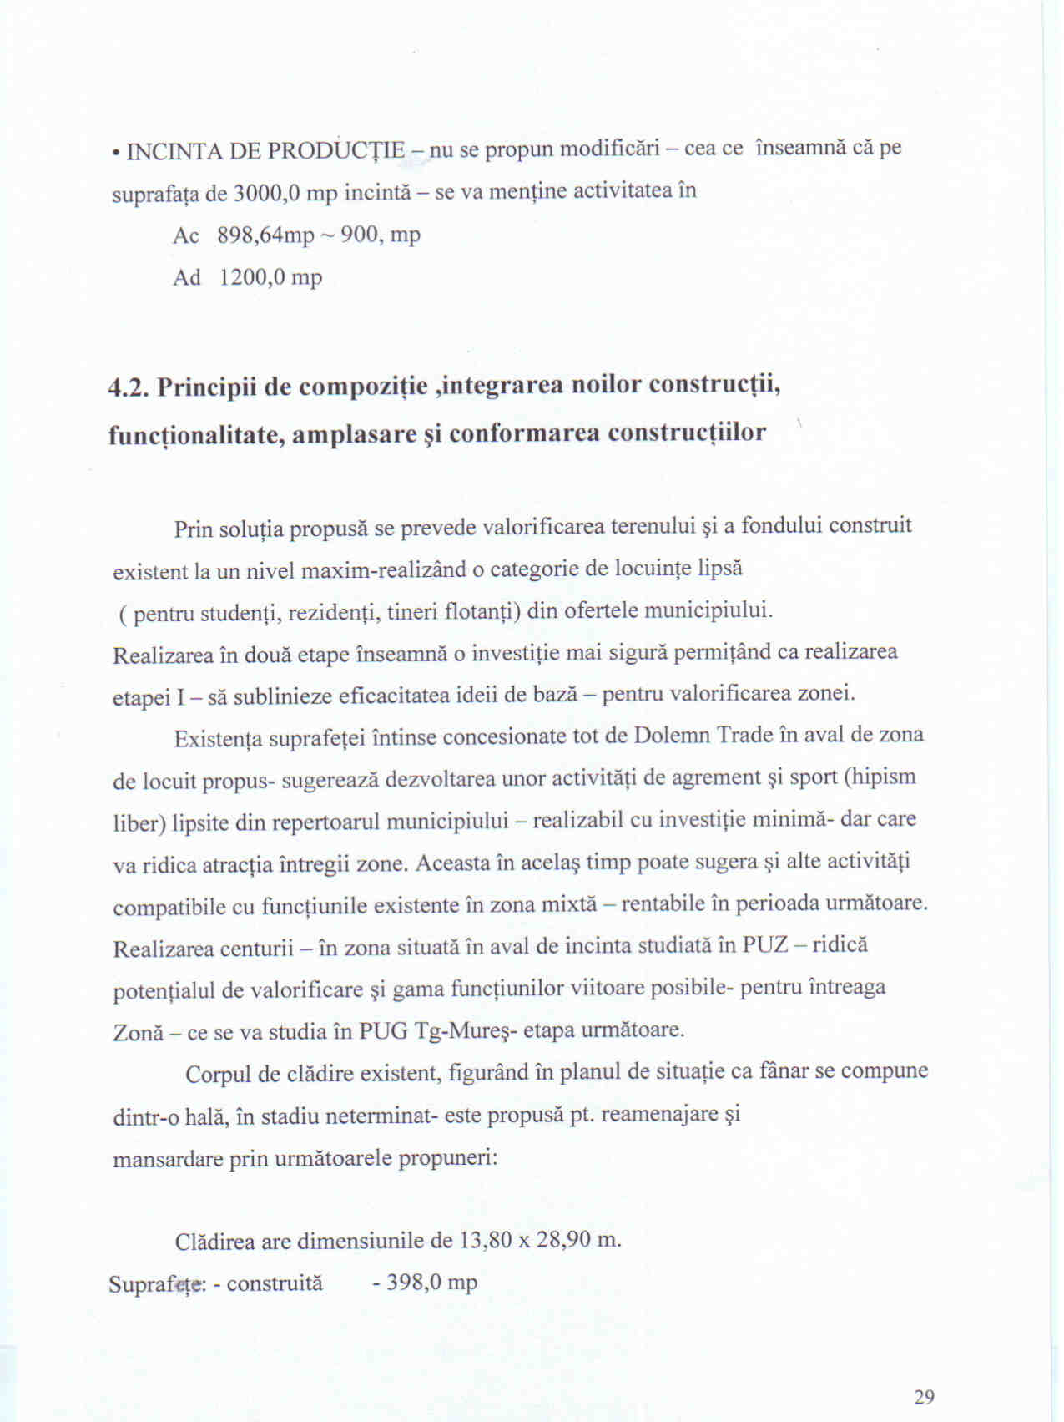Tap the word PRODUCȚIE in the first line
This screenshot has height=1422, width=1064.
(337, 151)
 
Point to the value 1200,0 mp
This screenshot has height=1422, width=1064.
(270, 277)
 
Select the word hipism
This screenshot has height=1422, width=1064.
(883, 777)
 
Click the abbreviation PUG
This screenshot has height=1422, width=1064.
(383, 1031)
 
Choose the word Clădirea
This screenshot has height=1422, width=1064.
(214, 1241)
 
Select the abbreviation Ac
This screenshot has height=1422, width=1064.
(185, 236)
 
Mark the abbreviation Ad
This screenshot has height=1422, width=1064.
(186, 277)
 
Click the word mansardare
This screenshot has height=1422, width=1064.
(168, 1160)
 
